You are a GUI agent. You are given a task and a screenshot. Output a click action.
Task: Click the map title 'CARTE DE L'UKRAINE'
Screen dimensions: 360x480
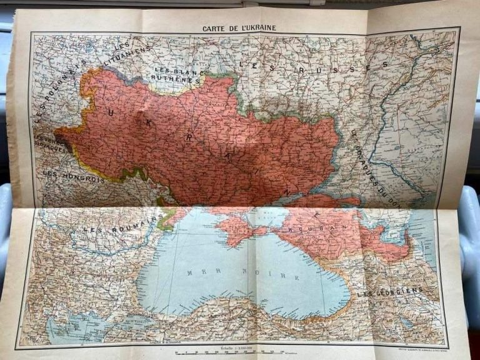(239, 28)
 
